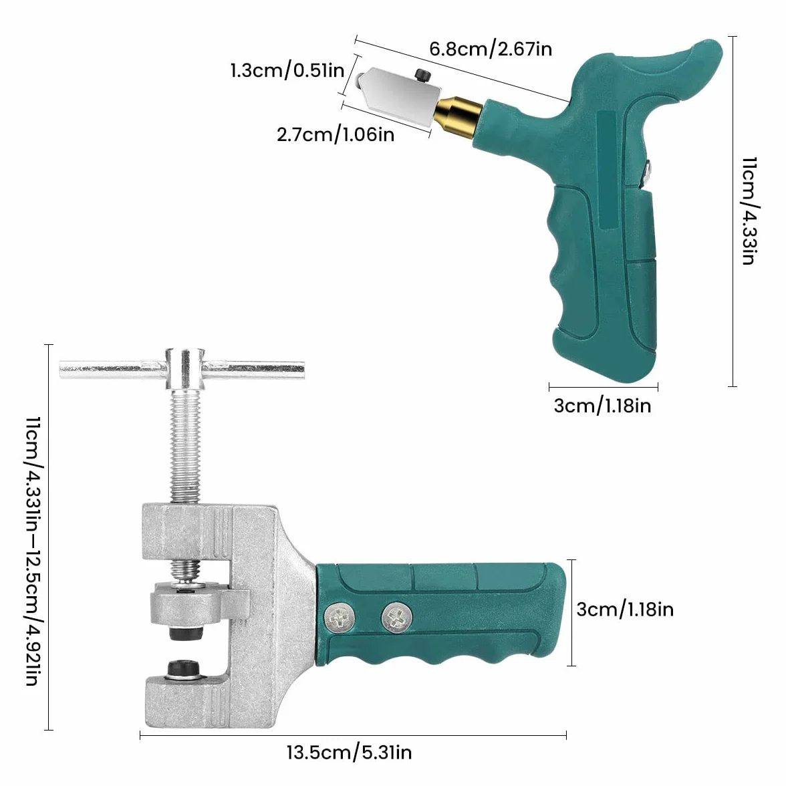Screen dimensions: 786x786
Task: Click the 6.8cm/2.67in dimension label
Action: (491, 49)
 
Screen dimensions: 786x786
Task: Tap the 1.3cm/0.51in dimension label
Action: (287, 70)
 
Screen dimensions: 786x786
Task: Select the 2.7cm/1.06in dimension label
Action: (336, 134)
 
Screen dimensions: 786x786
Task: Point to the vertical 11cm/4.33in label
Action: (749, 211)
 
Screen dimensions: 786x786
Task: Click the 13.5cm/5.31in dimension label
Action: (350, 753)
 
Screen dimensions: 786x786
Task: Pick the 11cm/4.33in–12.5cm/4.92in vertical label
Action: (33, 551)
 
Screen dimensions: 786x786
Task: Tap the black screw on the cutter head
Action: (422, 76)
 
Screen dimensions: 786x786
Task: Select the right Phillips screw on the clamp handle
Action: (397, 618)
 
